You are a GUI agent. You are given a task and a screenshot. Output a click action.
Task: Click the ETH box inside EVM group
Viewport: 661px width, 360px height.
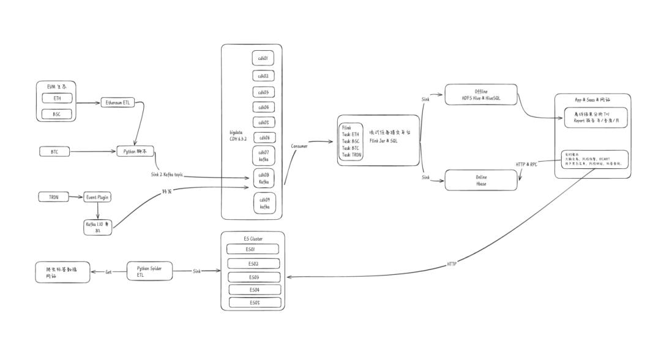tap(57, 98)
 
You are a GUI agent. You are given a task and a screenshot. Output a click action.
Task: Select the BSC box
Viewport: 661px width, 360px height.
tap(57, 114)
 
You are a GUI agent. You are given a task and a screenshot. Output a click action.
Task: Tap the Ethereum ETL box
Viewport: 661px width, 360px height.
tap(119, 102)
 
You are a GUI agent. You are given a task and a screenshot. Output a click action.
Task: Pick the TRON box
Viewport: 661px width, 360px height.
tap(54, 197)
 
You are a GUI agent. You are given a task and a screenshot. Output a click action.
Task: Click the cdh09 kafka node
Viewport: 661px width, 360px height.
tap(264, 203)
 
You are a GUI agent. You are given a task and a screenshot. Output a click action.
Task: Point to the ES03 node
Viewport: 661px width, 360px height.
tap(253, 277)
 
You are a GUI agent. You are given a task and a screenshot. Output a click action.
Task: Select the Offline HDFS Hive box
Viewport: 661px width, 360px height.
tap(481, 94)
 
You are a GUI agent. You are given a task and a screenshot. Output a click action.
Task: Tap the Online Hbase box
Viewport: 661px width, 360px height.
tap(481, 181)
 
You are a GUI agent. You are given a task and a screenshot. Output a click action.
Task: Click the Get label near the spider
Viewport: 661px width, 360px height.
tap(108, 272)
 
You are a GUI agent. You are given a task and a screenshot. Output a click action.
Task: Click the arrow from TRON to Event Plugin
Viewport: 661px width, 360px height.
tap(75, 197)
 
